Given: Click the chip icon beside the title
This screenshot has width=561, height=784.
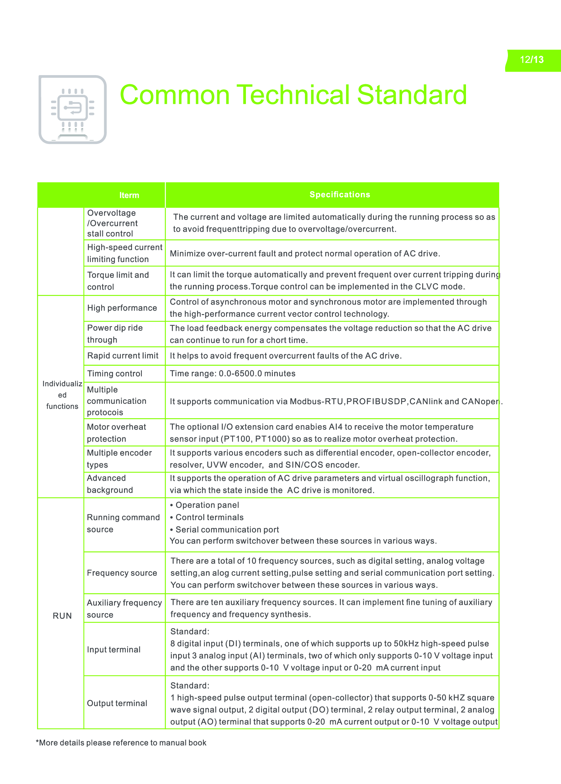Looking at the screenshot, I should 73,109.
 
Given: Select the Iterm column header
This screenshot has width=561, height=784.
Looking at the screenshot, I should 129,195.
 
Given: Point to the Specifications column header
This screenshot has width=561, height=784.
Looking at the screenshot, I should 340,195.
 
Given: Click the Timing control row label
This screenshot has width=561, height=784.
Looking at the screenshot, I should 115,373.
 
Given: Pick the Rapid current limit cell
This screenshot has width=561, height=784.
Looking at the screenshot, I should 123,356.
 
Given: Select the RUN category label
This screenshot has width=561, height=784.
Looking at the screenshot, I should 62,616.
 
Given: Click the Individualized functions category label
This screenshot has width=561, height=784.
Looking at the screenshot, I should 62,395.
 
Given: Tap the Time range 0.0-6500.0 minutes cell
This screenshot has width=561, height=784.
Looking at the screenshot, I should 233,373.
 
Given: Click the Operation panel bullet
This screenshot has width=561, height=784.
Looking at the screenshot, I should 207,505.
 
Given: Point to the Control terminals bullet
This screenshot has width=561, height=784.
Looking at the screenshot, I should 209,517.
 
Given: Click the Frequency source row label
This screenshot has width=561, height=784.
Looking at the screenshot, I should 122,573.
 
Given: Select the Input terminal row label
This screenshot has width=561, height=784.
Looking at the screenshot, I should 114,649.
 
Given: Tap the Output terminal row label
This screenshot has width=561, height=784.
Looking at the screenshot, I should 117,703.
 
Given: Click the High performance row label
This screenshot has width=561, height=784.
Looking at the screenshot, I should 122,308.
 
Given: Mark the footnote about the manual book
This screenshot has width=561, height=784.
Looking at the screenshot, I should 121,743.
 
